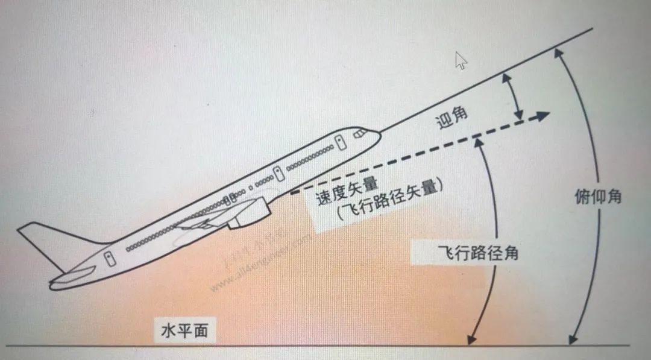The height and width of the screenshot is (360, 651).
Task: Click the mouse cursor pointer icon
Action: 461,60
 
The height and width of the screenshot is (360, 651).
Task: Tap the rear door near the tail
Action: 109,259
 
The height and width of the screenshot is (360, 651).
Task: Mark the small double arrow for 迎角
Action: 514,96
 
